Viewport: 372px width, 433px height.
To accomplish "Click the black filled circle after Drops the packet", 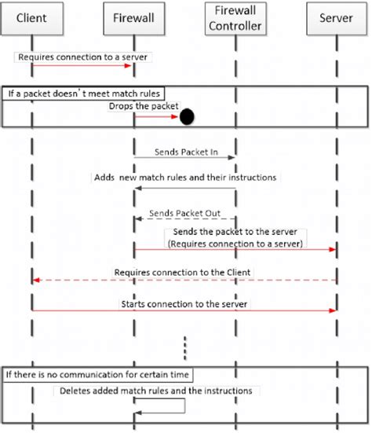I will click(x=187, y=118).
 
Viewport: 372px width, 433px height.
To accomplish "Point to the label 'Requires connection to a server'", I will click(x=82, y=57).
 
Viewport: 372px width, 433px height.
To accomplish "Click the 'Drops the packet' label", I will click(x=144, y=106).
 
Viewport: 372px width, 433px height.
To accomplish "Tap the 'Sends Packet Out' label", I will click(x=183, y=213).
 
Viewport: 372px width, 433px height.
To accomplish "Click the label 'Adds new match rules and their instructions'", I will click(x=184, y=178).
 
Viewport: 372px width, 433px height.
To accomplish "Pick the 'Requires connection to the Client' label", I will click(x=184, y=272).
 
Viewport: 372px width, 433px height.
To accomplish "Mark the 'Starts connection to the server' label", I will click(x=184, y=303).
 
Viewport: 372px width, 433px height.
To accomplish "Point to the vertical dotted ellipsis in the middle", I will click(x=185, y=346).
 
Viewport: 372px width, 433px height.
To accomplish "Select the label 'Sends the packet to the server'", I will click(x=235, y=234).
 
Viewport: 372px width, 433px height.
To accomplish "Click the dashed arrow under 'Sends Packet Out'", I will click(x=184, y=221).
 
